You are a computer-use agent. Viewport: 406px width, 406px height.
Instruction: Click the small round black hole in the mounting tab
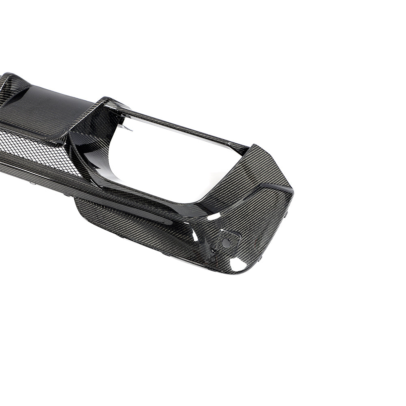tap(226, 243)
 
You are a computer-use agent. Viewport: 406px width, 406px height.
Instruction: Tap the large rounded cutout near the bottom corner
tap(238, 264)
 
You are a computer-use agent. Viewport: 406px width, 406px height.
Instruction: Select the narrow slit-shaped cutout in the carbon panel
tap(195, 234)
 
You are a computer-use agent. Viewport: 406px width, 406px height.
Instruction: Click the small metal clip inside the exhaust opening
tap(126, 128)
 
